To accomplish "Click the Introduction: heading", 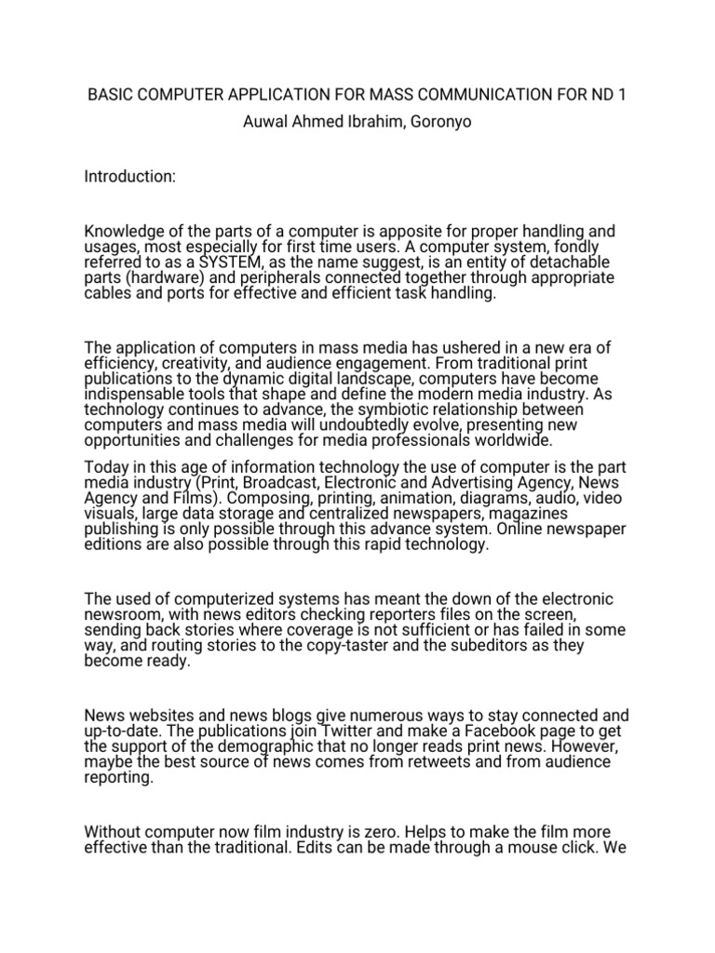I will tap(129, 176).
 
